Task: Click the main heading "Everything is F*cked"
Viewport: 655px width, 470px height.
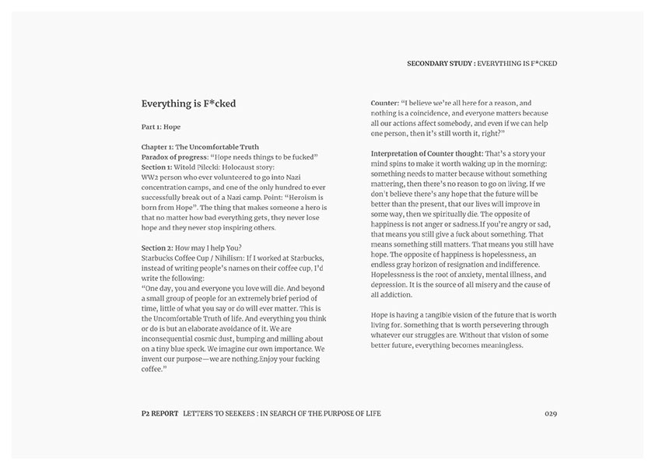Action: (x=188, y=103)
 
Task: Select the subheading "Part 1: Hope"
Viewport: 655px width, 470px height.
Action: (x=161, y=126)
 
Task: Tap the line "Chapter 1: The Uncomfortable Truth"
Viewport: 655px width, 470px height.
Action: (x=200, y=146)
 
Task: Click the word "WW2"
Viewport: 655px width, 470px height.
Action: (x=150, y=177)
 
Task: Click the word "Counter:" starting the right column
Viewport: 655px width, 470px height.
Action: (x=385, y=103)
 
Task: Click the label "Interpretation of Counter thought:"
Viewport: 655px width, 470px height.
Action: (x=427, y=153)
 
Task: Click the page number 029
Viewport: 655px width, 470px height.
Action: (x=551, y=413)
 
